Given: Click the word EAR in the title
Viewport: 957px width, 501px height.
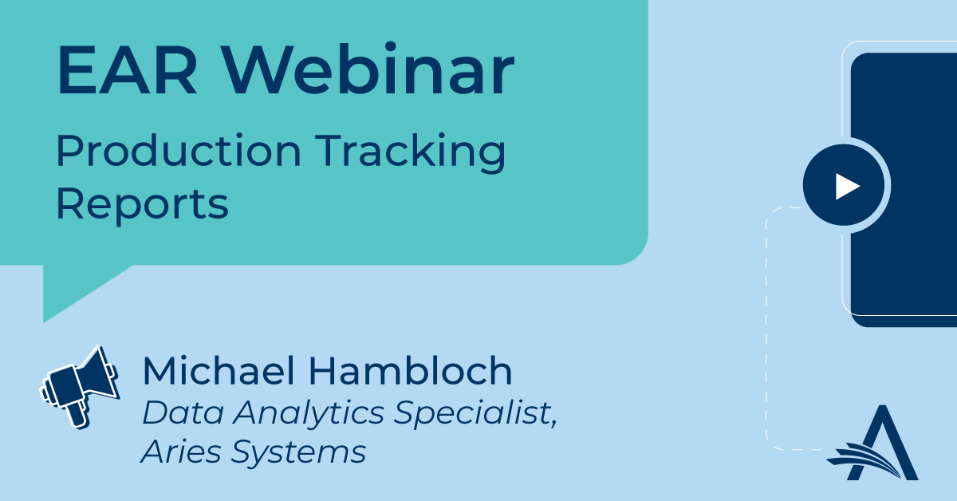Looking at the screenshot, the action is (127, 69).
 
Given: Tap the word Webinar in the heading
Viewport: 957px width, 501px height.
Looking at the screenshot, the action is (369, 69).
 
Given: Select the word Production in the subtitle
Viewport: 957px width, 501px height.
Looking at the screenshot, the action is (179, 150).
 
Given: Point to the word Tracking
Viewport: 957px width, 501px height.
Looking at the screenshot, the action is (410, 153).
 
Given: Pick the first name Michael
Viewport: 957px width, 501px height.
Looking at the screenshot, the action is (219, 370).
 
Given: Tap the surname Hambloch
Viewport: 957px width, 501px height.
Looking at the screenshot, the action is (410, 370).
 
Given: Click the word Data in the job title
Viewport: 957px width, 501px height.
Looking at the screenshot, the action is (183, 412).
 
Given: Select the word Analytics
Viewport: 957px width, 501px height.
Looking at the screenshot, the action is (309, 415).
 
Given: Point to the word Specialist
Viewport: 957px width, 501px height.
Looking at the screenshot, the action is (475, 413).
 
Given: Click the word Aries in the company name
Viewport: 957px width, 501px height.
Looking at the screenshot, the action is (180, 452).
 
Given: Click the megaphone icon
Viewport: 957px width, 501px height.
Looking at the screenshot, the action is (80, 387).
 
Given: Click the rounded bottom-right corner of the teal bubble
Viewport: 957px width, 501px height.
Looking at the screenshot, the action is (636, 254).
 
